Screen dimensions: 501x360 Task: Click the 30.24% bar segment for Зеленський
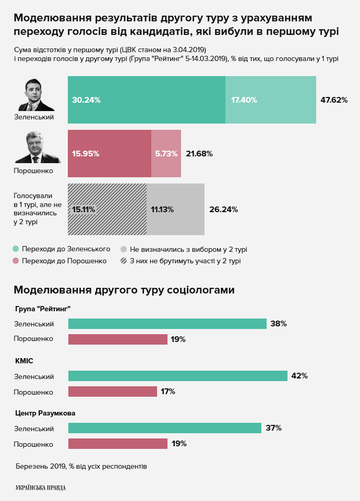click(x=147, y=100)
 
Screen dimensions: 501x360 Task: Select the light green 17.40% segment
click(x=271, y=100)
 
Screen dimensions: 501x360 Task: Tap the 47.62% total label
click(x=334, y=100)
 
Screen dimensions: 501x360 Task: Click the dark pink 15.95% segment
click(x=110, y=154)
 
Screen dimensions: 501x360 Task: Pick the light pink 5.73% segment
click(x=166, y=154)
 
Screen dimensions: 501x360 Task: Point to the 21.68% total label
click(x=199, y=154)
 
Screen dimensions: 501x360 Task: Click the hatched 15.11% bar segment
click(x=107, y=209)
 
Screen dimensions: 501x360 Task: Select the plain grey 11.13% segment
click(x=175, y=209)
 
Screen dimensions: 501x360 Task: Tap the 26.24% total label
click(x=223, y=209)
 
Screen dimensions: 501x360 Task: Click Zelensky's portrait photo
click(x=34, y=95)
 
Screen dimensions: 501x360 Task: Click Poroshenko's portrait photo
click(x=34, y=148)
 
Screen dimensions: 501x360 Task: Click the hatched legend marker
click(x=124, y=261)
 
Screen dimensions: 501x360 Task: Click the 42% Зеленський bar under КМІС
click(x=177, y=376)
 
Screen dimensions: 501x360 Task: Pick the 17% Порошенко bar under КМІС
click(x=112, y=392)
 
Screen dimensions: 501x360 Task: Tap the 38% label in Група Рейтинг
click(x=279, y=324)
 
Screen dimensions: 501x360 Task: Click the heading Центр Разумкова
click(x=45, y=413)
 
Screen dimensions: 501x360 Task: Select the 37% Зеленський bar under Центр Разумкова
click(x=164, y=428)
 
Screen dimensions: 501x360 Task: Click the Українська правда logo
click(x=41, y=487)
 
